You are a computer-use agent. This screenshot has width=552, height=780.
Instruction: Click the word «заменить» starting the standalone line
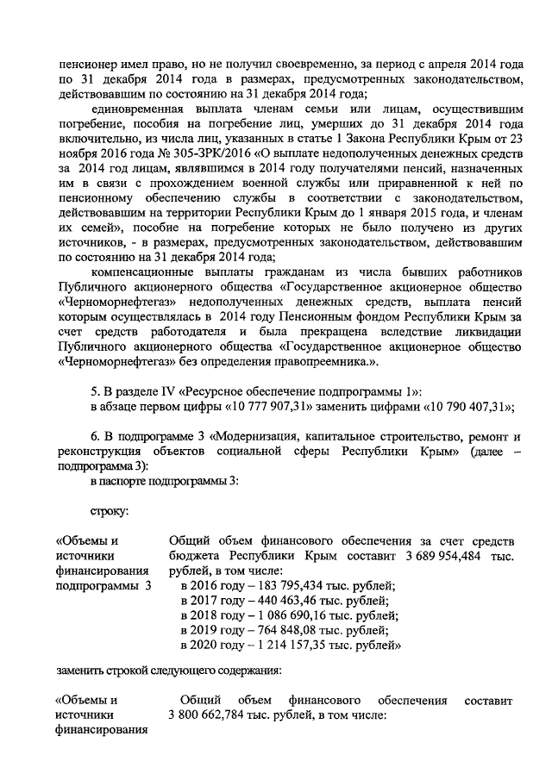[81, 674]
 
